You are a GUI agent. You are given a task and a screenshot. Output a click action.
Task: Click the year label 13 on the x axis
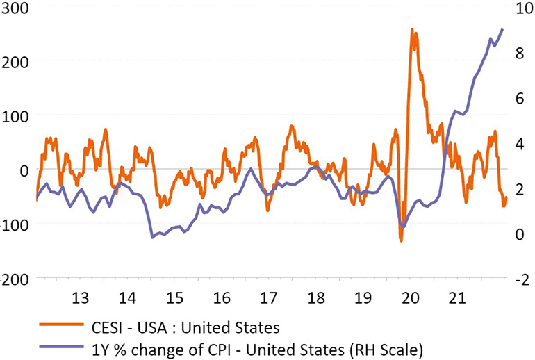(80, 298)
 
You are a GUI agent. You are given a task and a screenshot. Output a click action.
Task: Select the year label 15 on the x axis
(174, 298)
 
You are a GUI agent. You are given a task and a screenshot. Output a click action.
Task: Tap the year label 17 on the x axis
(268, 298)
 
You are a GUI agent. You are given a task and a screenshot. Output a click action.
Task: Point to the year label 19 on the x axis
(363, 298)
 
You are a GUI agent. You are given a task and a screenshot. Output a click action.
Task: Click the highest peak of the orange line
(413, 30)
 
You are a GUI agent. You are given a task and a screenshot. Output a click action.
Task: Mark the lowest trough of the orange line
(402, 240)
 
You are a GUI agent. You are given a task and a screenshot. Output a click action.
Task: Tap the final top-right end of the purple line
(502, 29)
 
